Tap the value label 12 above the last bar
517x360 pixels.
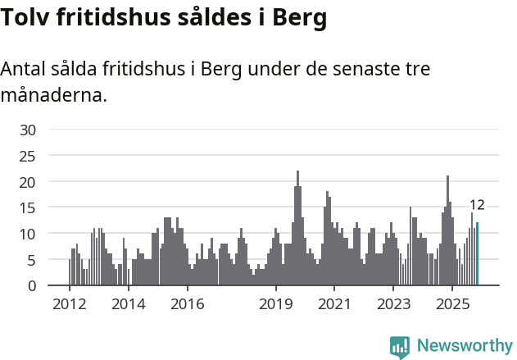[477, 205]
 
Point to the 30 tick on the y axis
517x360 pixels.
[28, 130]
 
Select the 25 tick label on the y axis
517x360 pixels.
[28, 156]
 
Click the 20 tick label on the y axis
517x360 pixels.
[28, 181]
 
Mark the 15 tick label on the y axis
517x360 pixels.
[28, 207]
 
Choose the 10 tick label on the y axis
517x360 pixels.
[28, 234]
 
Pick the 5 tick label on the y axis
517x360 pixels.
[32, 260]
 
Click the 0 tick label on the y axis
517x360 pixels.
[32, 286]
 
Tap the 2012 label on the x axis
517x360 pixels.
[70, 305]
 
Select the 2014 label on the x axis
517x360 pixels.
[129, 305]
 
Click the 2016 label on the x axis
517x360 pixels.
[188, 305]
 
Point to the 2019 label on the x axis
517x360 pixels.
[276, 305]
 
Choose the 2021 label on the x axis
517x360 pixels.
[334, 305]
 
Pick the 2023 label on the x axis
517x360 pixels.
[393, 305]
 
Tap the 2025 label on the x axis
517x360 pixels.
[452, 305]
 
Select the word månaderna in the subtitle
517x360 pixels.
[53, 95]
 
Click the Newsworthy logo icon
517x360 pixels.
[400, 347]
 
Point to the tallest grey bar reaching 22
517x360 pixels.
[297, 230]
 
